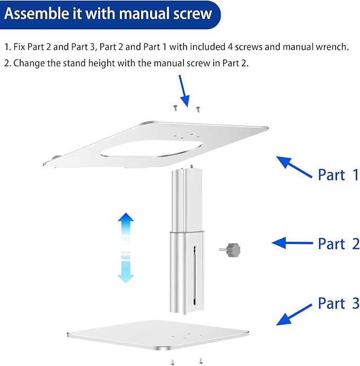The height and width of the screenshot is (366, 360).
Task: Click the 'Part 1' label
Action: pyautogui.click(x=338, y=175)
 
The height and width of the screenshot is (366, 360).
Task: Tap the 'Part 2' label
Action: pyautogui.click(x=338, y=244)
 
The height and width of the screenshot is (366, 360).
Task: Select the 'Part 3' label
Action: pyautogui.click(x=338, y=304)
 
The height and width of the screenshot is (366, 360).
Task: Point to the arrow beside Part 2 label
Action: pyautogui.click(x=293, y=243)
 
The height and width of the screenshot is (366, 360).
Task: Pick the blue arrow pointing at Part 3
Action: pyautogui.click(x=294, y=314)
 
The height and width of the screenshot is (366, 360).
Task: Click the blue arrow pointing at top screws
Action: pyautogui.click(x=184, y=91)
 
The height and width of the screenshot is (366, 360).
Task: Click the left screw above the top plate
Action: pyautogui.click(x=174, y=108)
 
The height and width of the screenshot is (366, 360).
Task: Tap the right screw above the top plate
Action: pyautogui.click(x=198, y=109)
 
